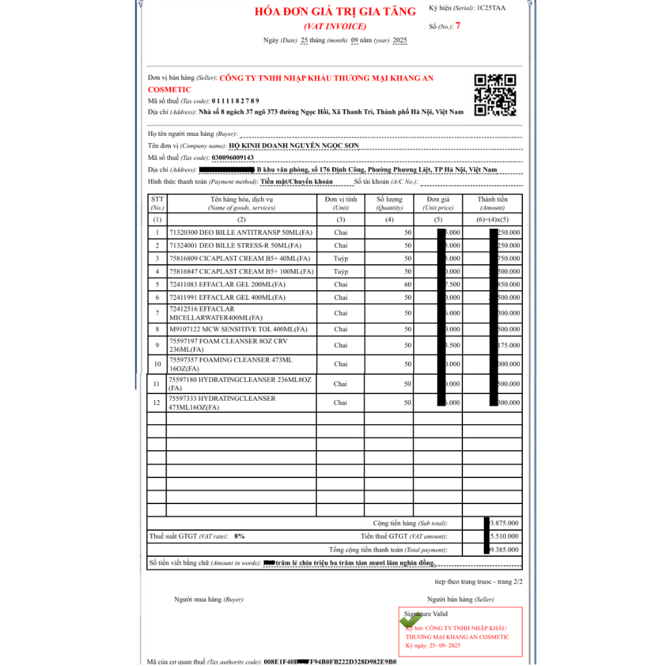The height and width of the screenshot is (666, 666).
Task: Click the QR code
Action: [495, 95]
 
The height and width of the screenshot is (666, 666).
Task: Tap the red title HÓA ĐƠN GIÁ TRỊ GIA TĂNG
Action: [335, 12]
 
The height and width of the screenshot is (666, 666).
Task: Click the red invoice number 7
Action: [458, 26]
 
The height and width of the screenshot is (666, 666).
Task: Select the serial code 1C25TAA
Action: [491, 8]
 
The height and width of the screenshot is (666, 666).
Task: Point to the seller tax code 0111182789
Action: [235, 101]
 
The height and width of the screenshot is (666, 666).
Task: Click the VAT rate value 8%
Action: [239, 536]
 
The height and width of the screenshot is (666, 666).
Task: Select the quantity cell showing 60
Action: [407, 284]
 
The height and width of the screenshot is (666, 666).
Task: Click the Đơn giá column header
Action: [438, 203]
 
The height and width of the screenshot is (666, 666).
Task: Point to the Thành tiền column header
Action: [492, 203]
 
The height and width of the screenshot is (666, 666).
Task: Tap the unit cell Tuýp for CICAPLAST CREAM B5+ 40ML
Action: [340, 258]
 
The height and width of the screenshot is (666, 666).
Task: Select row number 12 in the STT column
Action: [156, 403]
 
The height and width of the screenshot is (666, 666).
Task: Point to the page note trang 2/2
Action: [507, 581]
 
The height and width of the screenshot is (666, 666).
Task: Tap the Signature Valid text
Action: [426, 613]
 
